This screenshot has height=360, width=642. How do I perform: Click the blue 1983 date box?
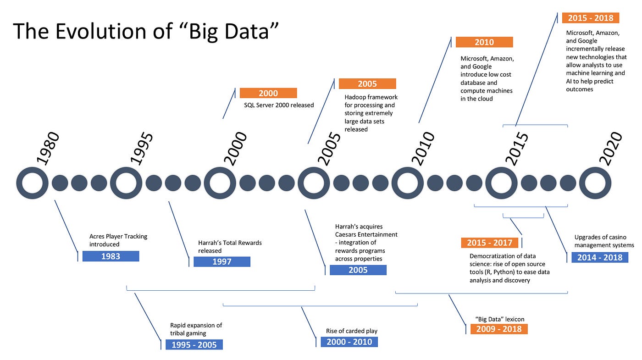pos(111,256)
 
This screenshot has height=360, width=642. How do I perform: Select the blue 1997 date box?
pos(222,261)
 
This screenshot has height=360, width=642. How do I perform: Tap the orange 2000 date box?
pos(268,93)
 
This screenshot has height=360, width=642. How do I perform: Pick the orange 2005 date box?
pos(367,83)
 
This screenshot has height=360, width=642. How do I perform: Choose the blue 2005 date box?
pos(358,270)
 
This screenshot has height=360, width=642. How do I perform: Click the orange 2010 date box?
pos(484,42)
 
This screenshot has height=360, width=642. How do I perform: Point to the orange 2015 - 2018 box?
pos(591,18)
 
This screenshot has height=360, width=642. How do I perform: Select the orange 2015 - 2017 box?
pos(489,243)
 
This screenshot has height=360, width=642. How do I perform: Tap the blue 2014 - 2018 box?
pos(600,257)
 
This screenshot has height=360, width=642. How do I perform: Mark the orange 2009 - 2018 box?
pos(499,329)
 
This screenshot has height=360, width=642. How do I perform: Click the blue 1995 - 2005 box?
pos(194,344)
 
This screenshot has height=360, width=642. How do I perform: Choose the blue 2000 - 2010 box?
pos(349,342)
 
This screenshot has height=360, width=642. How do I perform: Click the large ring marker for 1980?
pos(32,183)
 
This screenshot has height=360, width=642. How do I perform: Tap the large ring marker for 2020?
pos(595,183)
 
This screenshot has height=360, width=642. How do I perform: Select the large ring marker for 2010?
pos(407,183)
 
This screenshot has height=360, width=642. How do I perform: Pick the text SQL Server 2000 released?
pos(279,105)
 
